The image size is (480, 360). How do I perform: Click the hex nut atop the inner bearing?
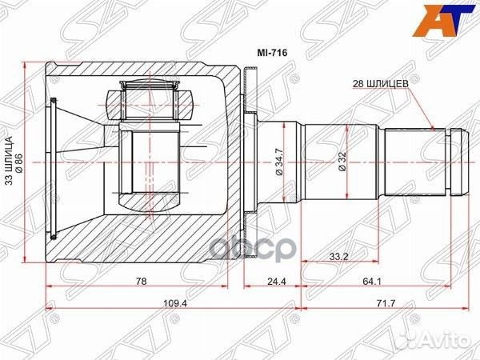[149, 103]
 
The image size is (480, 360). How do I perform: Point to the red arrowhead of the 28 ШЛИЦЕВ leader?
[432, 127]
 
